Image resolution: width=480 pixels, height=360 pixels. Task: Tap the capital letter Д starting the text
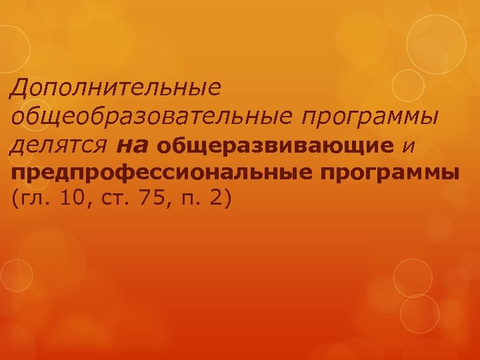tap(21, 87)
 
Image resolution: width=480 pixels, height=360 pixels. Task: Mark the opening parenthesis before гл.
tap(15, 199)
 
